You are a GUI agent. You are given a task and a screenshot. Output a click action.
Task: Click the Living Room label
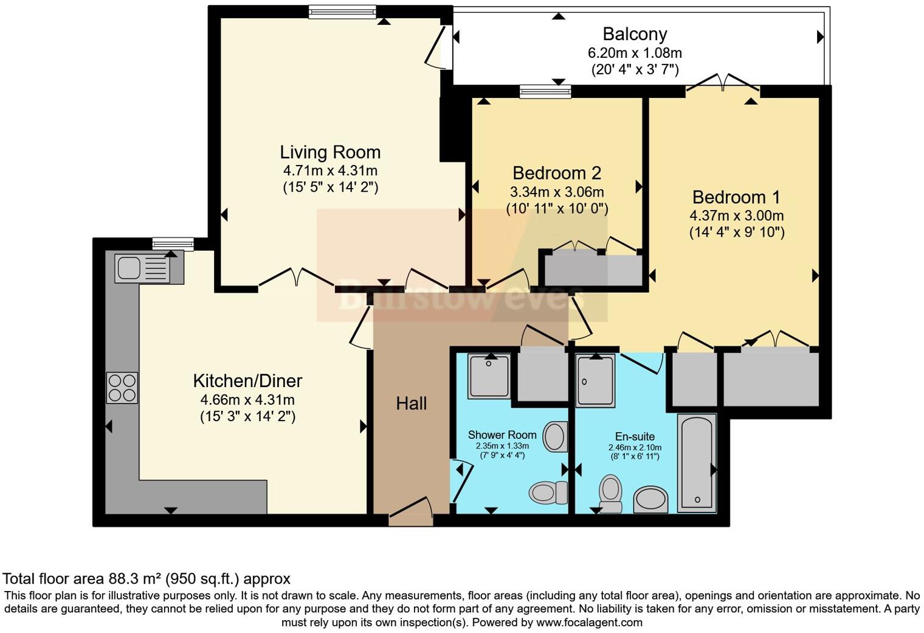coord(330,152)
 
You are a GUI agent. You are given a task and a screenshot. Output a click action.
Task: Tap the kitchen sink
coord(143,268)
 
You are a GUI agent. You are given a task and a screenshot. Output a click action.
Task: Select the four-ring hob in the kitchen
coord(122,387)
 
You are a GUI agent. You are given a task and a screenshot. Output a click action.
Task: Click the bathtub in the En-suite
coord(697,463)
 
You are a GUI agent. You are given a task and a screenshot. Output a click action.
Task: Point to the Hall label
coord(412,403)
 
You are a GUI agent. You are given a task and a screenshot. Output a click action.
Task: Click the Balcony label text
coord(635,34)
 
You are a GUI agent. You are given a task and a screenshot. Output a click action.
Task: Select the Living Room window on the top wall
coord(342,12)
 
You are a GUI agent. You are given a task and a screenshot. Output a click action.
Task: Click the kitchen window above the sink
coord(173,244)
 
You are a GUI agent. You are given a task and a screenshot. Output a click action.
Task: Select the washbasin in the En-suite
coord(650,500)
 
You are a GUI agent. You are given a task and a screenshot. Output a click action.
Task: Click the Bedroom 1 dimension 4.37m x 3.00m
coord(736,215)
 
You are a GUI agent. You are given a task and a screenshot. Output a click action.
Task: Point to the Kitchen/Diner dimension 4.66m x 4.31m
coord(247,400)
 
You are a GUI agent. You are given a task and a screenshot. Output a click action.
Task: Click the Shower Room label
coord(502,435)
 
